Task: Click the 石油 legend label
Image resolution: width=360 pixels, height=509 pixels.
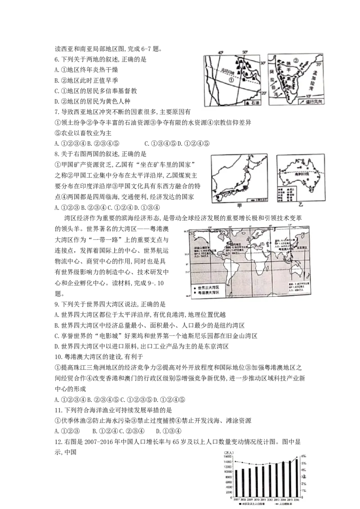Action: tap(256, 103)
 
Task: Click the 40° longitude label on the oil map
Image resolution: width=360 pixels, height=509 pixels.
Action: tap(220, 53)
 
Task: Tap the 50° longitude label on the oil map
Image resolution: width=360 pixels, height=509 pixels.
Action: tap(245, 53)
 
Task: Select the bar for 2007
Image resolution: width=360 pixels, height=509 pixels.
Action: tap(236, 483)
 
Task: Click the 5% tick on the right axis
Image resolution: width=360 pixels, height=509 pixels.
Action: tap(304, 463)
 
